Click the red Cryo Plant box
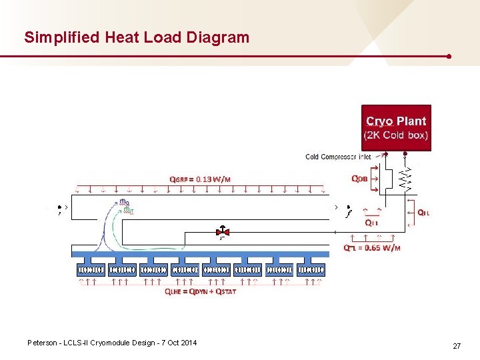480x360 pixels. click(x=396, y=127)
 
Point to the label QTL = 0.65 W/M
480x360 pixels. click(x=372, y=248)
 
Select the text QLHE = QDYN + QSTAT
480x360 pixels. click(x=200, y=291)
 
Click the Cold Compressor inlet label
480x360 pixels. click(x=338, y=157)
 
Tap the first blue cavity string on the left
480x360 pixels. click(x=91, y=269)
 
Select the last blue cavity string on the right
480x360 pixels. click(x=311, y=269)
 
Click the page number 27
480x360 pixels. click(x=457, y=346)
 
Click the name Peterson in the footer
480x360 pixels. click(x=43, y=343)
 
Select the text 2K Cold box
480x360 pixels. click(x=396, y=135)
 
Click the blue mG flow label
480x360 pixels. click(x=124, y=202)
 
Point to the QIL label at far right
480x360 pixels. click(x=423, y=213)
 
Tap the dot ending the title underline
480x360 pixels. click(x=450, y=57)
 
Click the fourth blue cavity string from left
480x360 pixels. click(x=185, y=269)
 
